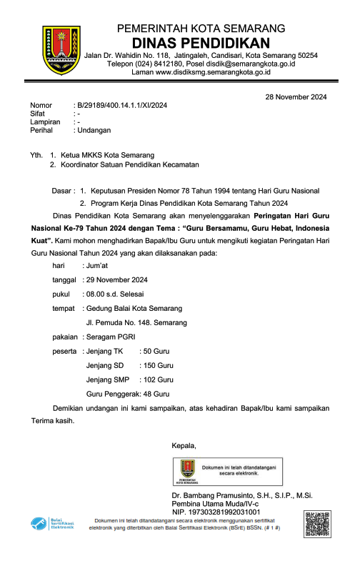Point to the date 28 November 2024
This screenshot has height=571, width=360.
click(x=296, y=96)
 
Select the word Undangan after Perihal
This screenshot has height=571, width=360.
click(x=94, y=131)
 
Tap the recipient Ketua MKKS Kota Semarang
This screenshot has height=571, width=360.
click(x=113, y=155)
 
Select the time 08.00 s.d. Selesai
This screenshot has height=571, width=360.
click(x=114, y=294)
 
